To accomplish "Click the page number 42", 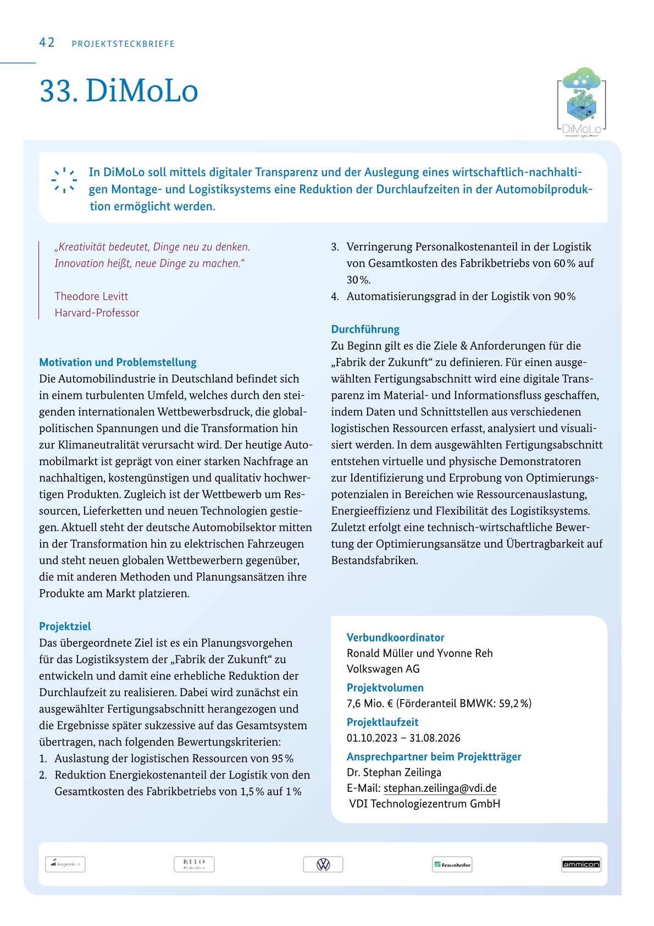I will (47, 43).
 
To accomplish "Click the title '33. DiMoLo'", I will (119, 91).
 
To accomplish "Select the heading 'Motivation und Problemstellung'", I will (118, 362).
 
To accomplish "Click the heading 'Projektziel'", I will (65, 626).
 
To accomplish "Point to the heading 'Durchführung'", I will (365, 329).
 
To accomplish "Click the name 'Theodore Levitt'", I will (91, 296).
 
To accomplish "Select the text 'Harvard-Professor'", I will (97, 313).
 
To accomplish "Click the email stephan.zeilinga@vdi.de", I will (440, 788).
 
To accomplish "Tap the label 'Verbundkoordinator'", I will (395, 637).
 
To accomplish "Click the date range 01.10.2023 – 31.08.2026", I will (403, 738).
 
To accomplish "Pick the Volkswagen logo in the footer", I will (323, 864).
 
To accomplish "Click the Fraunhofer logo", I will (452, 864).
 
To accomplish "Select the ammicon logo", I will (581, 864).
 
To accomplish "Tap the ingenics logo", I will (65, 864).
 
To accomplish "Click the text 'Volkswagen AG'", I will (383, 669).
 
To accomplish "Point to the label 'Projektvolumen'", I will (385, 688).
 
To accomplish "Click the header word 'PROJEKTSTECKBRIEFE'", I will (123, 44).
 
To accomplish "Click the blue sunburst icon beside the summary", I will (64, 180).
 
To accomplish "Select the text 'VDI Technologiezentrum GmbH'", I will (424, 804).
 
